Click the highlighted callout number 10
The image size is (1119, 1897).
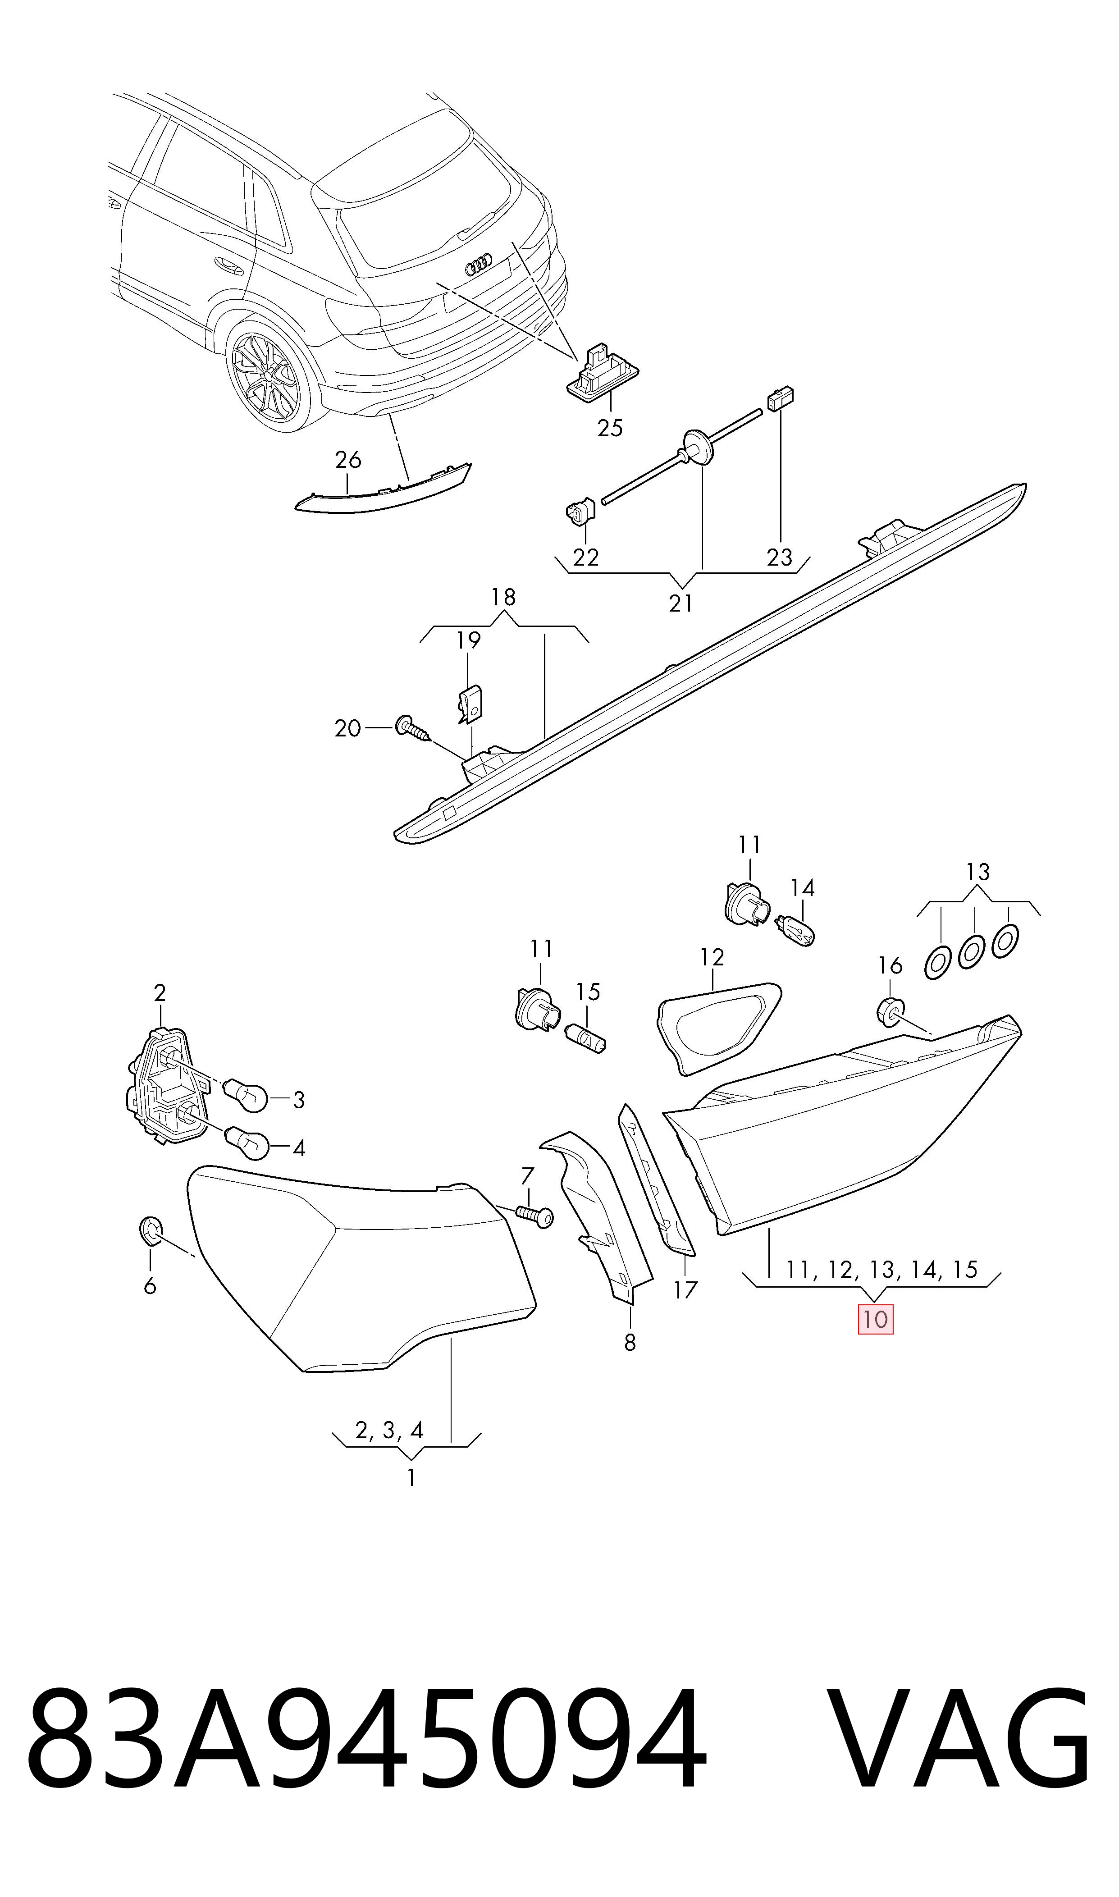pos(875,1320)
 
